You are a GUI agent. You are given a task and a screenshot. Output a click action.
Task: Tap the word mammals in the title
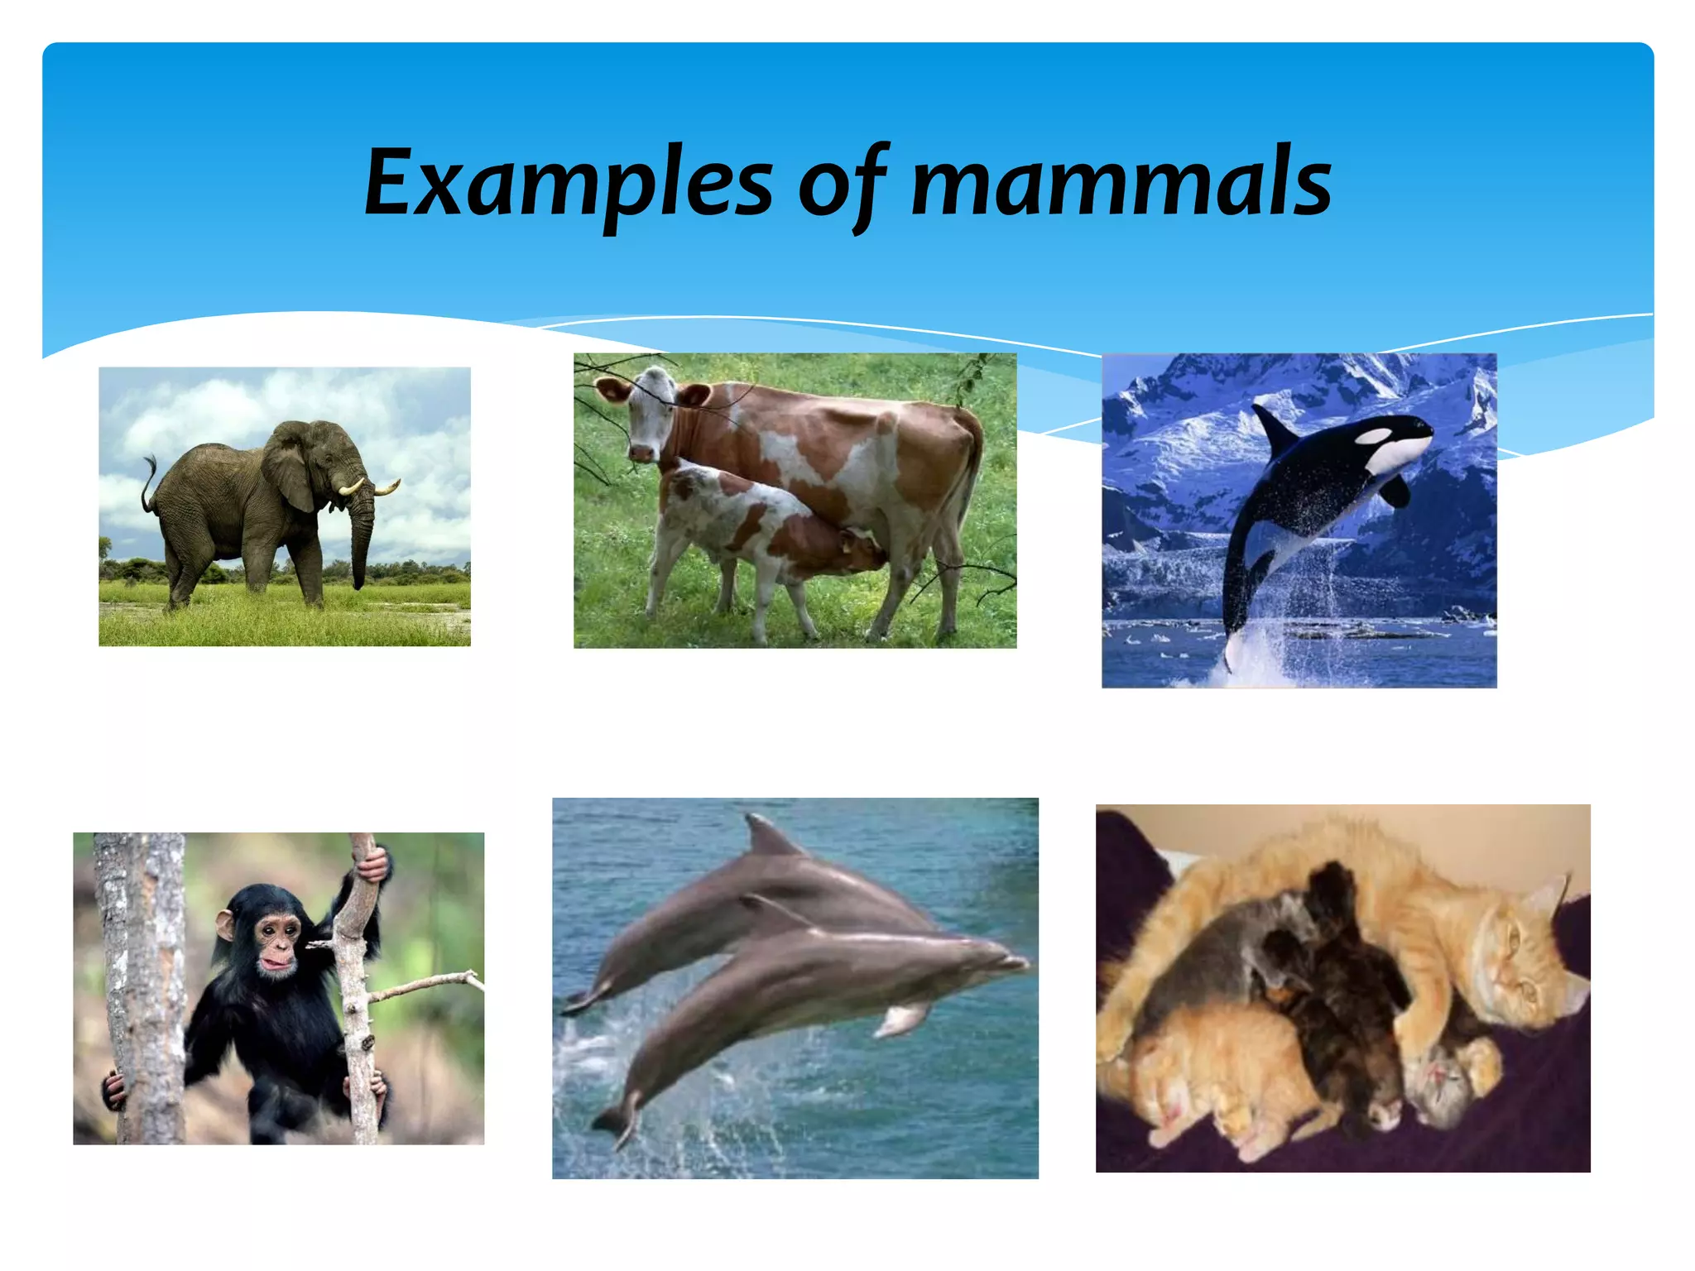[x=1121, y=184]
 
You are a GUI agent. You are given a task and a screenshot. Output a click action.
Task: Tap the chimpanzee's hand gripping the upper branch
[x=374, y=865]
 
